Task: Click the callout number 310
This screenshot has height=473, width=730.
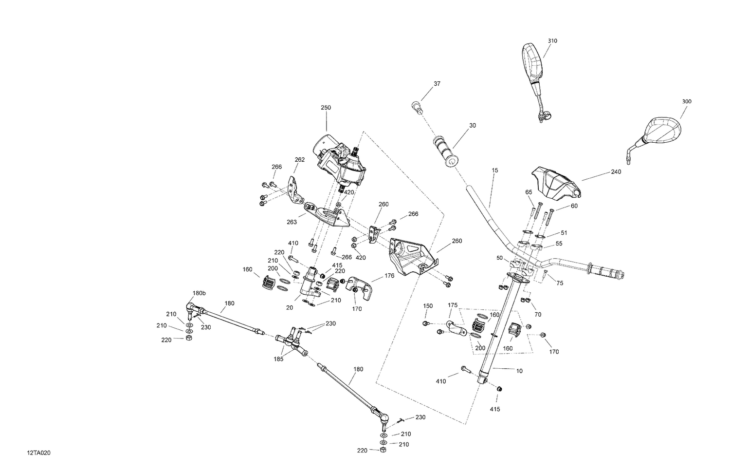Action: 552,41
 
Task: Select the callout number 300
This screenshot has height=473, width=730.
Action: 687,101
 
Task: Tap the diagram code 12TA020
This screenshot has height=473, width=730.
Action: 39,453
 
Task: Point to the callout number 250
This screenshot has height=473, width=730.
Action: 326,107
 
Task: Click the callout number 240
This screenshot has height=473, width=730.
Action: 616,171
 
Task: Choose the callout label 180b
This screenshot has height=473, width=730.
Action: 199,293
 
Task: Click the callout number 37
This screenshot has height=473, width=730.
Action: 437,83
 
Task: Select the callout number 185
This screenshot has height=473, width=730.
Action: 279,359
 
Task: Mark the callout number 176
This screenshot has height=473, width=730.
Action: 389,276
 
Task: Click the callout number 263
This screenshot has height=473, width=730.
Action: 292,222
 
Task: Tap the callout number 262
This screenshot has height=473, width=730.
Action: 299,159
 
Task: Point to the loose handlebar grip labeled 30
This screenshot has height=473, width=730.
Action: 445,152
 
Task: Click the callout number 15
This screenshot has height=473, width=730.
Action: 495,170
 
